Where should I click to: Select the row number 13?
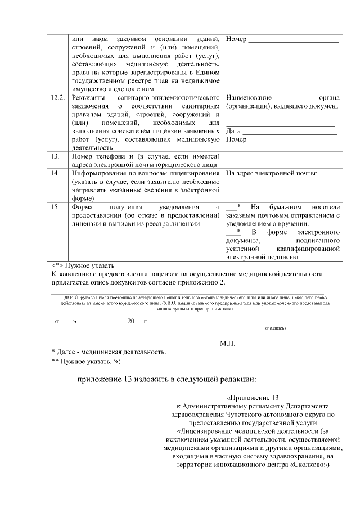(x=55, y=156)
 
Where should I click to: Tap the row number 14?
(x=55, y=174)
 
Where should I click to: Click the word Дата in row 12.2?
(x=233, y=131)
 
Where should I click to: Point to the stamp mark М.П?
(x=227, y=343)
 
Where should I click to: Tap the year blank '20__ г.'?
(x=137, y=322)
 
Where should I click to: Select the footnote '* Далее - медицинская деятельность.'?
(x=109, y=353)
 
